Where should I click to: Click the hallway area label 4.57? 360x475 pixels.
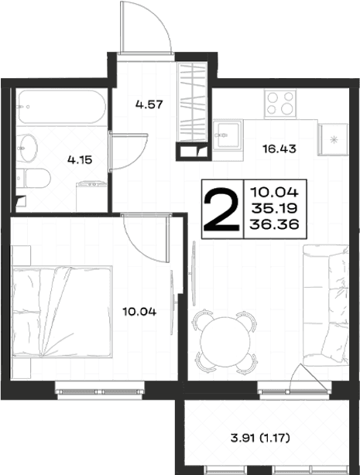149,104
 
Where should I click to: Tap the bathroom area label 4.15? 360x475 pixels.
80,159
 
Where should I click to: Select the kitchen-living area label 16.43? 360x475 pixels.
279,149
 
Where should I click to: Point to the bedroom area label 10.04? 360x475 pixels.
139,312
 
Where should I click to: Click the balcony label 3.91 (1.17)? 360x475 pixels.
260,438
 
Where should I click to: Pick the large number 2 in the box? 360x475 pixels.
221,209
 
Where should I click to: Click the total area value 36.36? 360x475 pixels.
274,224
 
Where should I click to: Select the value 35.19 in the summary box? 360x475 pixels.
274,208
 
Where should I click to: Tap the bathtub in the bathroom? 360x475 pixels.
62,107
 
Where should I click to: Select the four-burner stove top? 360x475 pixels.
280,103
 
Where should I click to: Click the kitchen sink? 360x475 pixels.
228,135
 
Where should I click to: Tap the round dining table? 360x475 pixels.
225,342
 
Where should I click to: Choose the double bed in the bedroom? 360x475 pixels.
62,312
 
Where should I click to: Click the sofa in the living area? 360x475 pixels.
326,305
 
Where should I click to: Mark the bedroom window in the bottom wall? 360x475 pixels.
100,391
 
